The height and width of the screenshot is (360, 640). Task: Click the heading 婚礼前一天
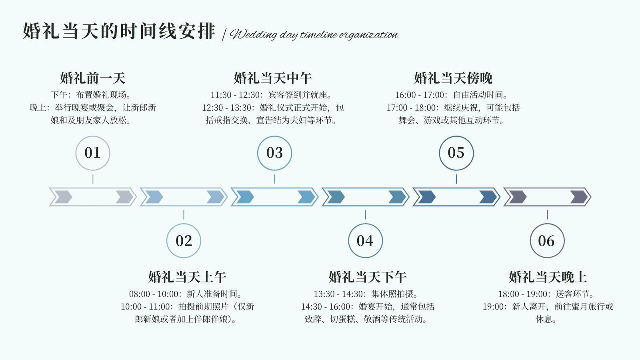click(x=93, y=78)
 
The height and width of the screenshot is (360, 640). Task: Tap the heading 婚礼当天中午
click(x=273, y=78)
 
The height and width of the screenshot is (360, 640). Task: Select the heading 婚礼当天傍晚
click(x=454, y=78)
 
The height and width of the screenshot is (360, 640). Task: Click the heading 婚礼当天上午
click(x=188, y=277)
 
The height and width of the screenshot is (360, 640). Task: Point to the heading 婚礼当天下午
click(x=368, y=277)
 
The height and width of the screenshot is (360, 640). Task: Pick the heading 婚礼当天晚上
click(x=548, y=277)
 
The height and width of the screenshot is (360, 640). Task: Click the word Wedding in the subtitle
click(x=254, y=34)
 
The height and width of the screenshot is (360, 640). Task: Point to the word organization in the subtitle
click(x=368, y=35)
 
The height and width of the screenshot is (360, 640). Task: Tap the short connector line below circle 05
click(x=456, y=179)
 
